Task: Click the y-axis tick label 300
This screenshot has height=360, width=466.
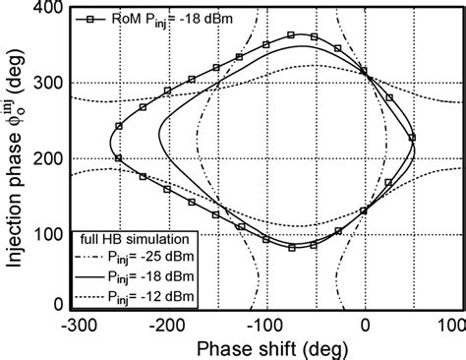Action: (45, 85)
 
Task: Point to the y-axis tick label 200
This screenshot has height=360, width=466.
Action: (45, 158)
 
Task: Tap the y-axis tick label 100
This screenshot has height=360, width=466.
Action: (45, 232)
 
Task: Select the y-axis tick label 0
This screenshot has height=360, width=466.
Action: (55, 306)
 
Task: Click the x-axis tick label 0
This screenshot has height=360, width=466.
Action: (366, 324)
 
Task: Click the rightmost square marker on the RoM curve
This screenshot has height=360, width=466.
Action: (412, 137)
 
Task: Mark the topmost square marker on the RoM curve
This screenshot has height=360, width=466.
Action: (291, 35)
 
